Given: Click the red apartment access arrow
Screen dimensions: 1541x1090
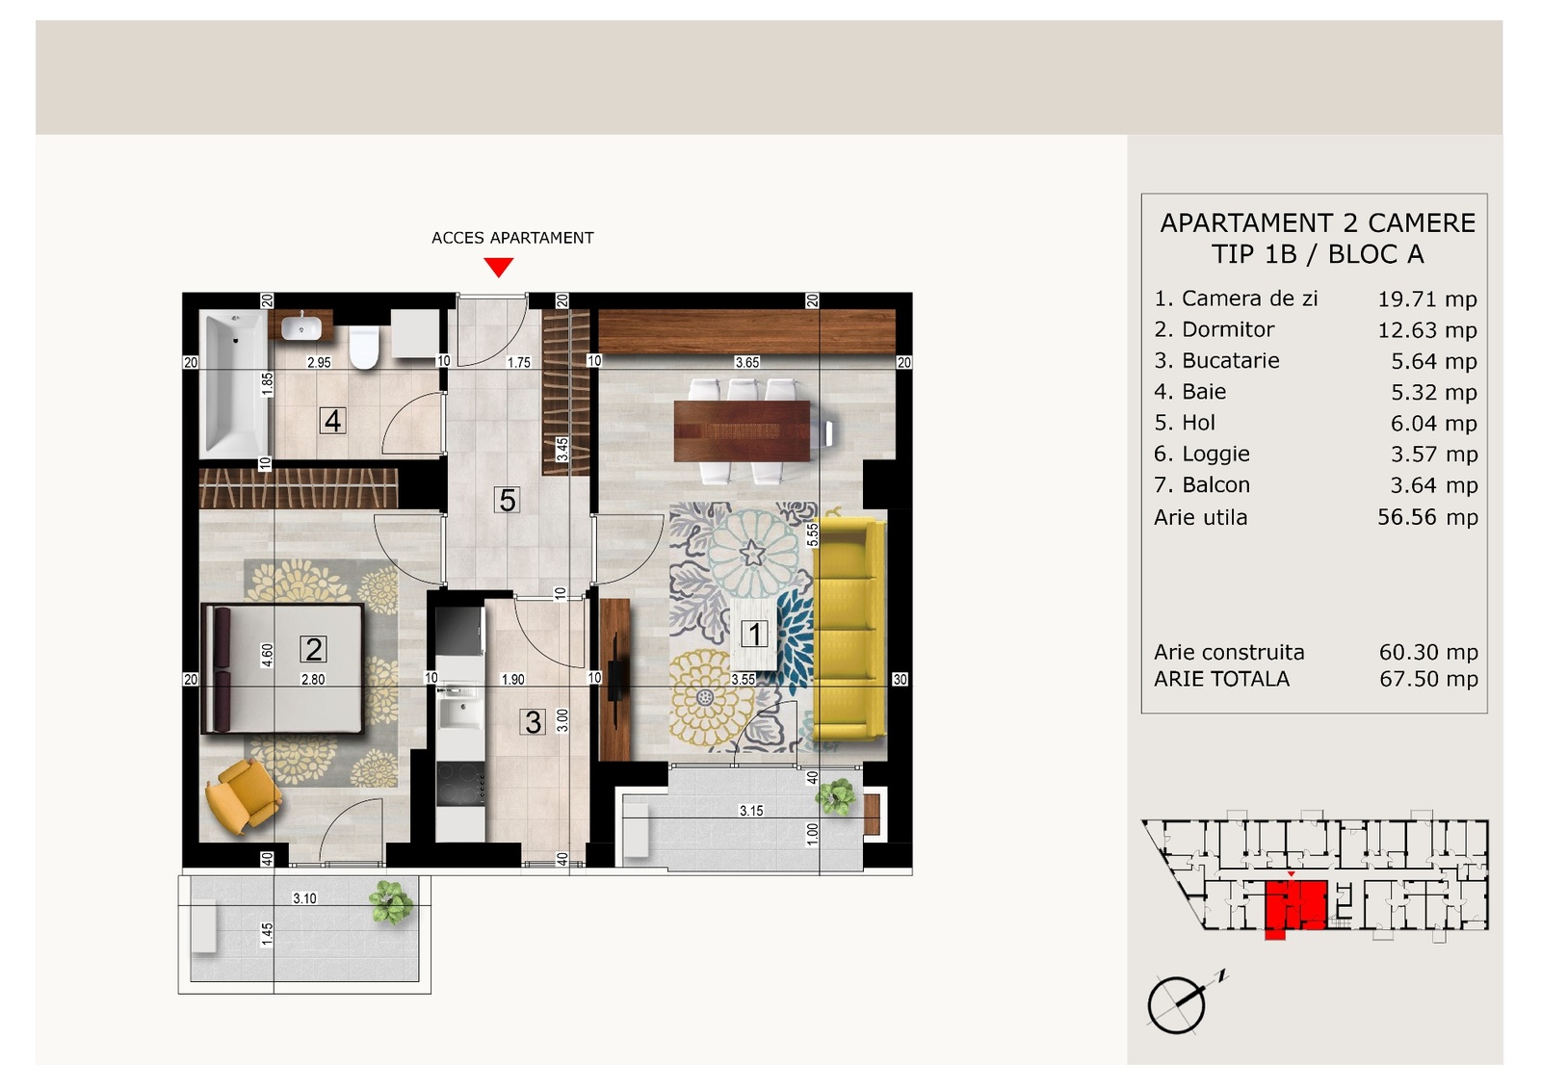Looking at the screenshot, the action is point(498,267).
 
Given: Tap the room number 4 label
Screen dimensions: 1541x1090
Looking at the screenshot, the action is point(333,420).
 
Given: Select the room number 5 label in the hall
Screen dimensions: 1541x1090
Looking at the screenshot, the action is point(507,500).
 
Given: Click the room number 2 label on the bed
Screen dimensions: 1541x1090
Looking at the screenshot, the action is point(313,648).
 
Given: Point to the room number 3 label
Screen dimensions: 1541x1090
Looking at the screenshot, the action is point(533,722).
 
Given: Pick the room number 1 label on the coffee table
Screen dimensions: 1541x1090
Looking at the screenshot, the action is point(754,634).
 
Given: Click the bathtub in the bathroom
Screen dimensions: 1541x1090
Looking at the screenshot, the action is point(233,384).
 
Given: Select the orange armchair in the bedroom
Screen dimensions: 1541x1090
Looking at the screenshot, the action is point(243,796).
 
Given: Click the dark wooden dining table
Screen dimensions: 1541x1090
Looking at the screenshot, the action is point(742,431).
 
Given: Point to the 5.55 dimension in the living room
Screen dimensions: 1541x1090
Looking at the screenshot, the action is point(813,534).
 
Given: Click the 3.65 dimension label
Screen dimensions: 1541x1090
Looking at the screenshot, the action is point(747,362).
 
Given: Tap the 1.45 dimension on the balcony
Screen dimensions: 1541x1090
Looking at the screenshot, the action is point(267,934).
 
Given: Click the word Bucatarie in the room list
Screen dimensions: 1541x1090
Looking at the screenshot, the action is point(1230,360).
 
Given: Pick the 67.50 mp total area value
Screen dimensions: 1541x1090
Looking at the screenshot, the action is point(1428,679).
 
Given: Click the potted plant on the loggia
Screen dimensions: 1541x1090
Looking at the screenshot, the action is point(836,797).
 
